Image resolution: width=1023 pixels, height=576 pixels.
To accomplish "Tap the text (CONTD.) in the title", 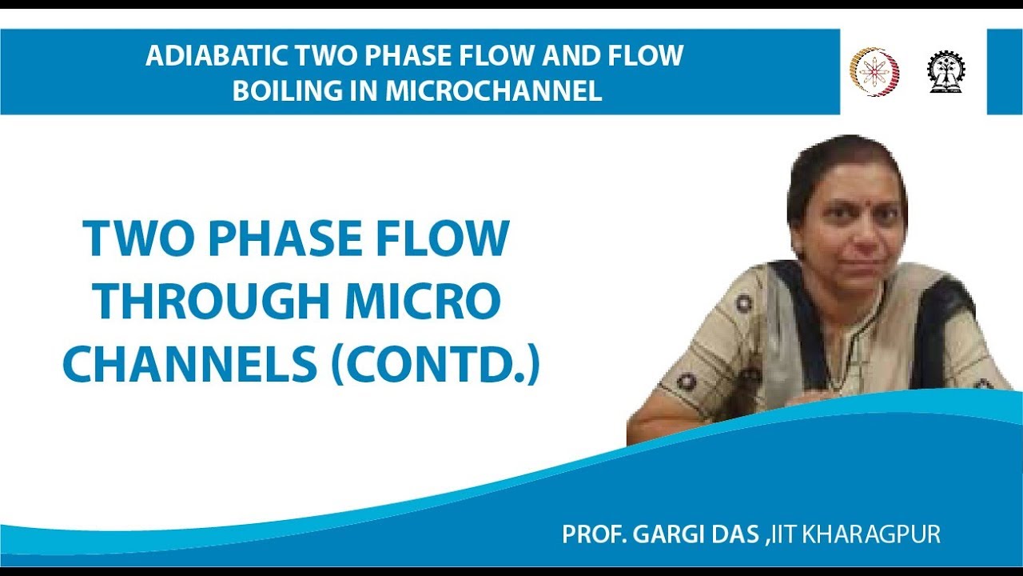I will click(x=432, y=364).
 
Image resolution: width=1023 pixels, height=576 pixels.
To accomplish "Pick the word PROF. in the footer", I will click(x=593, y=534).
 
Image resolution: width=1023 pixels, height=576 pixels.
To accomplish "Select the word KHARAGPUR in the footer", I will click(x=872, y=534).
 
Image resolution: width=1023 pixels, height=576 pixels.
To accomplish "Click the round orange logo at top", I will click(x=874, y=72).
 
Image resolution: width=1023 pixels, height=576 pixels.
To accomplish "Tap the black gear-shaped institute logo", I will click(x=945, y=72).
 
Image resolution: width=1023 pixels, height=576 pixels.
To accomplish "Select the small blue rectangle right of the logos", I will click(x=1005, y=72).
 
